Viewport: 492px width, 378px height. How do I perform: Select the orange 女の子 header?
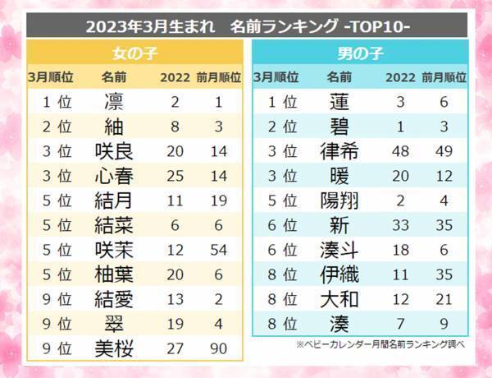136,55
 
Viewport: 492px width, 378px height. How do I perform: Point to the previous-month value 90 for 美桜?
218,348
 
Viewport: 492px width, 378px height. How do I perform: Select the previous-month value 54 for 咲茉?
218,250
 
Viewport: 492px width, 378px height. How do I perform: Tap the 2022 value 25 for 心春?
174,177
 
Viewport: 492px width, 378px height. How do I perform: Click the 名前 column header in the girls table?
113,78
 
